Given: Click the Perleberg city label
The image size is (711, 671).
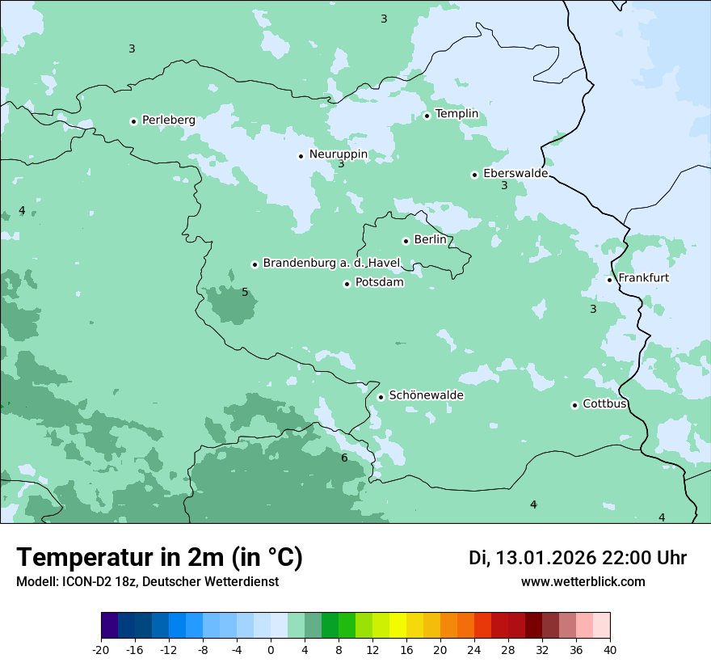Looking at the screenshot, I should point(168,120).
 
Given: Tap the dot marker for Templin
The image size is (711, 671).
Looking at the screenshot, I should point(427,116).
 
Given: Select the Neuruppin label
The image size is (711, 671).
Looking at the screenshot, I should point(338,154).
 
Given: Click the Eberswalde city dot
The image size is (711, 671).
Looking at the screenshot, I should point(475,175).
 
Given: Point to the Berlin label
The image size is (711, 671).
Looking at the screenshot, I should point(430,240).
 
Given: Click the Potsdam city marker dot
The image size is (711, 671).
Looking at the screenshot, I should point(347,284).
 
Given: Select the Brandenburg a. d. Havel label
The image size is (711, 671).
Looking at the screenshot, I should point(331,264).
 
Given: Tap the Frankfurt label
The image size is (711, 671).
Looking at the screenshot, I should point(643,278).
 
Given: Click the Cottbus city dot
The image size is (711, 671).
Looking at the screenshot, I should point(575,405).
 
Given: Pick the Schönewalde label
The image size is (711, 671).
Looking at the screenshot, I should point(426,395).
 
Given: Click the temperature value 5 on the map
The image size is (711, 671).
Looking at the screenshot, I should point(245,292).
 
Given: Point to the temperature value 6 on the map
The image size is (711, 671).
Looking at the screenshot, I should point(344,458).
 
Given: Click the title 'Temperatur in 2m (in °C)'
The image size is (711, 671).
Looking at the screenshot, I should point(160,558).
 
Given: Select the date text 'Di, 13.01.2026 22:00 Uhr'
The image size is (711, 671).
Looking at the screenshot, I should point(578,559).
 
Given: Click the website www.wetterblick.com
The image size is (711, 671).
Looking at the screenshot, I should point(583,582).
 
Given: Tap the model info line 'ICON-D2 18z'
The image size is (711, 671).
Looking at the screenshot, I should point(147,582).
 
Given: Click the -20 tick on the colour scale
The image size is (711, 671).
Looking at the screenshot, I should point(101,649).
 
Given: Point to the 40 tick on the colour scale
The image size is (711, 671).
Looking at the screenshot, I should point(610,649).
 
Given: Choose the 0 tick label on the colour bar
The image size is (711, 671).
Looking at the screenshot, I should point(271,649).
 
